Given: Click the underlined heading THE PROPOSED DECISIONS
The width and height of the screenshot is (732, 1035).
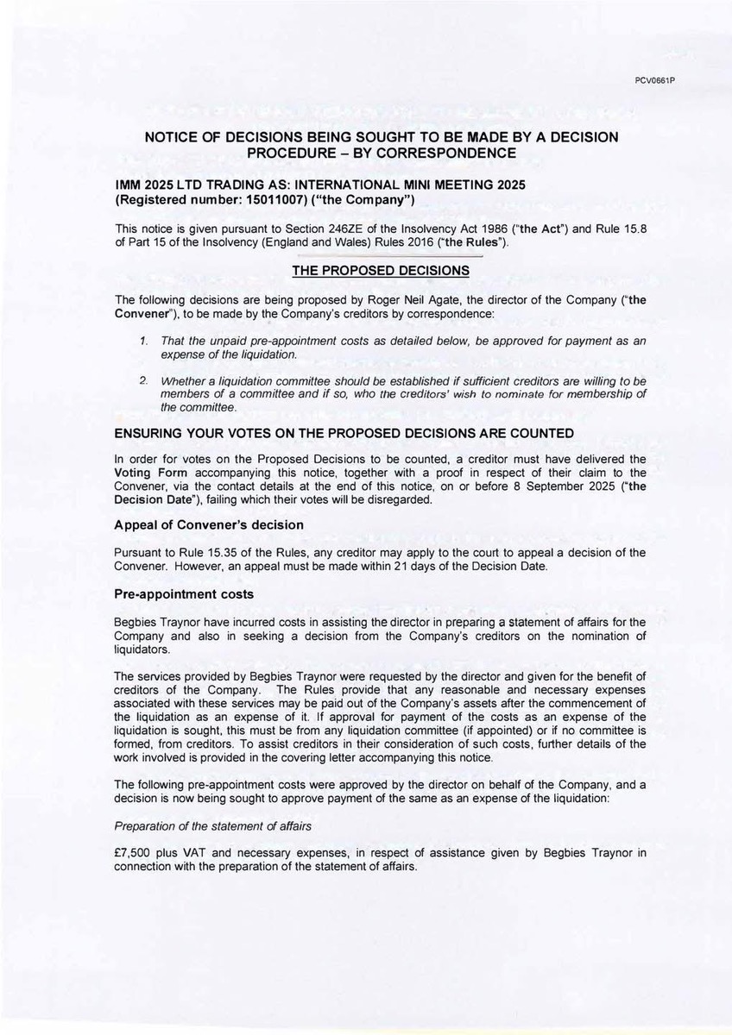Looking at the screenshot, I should (x=381, y=270).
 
